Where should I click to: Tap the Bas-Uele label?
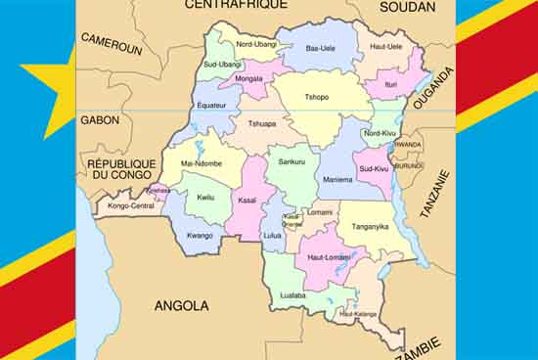pyautogui.click(x=319, y=48)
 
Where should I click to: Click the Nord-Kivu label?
pyautogui.click(x=379, y=133)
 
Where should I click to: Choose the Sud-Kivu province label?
pyautogui.click(x=375, y=168)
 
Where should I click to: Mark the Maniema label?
pyautogui.click(x=337, y=179)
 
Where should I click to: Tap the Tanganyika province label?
pyautogui.click(x=371, y=225)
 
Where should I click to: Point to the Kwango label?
pyautogui.click(x=200, y=235)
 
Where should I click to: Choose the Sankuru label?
pyautogui.click(x=291, y=161)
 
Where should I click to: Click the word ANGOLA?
pyautogui.click(x=183, y=306)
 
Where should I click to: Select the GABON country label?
pyautogui.click(x=101, y=120)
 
